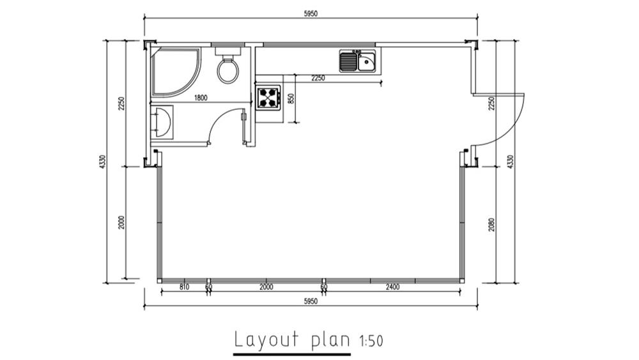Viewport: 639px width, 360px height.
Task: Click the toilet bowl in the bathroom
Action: (227, 70)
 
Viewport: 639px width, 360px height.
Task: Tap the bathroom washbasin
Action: (163, 121)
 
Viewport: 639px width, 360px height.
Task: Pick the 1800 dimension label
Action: (201, 98)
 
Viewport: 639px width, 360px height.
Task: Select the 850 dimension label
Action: (291, 98)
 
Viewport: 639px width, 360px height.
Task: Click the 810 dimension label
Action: (184, 287)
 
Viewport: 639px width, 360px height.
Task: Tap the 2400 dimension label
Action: (392, 287)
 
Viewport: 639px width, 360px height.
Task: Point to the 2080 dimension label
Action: (491, 224)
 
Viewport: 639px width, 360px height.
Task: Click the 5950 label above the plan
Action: (311, 13)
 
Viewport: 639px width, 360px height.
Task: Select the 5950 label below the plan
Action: (311, 302)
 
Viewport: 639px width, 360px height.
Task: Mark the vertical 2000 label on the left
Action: (121, 222)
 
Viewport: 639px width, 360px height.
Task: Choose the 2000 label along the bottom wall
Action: (266, 287)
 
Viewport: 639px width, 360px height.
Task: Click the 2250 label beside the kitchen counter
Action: (318, 78)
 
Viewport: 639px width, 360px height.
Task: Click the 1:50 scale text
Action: (371, 341)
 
